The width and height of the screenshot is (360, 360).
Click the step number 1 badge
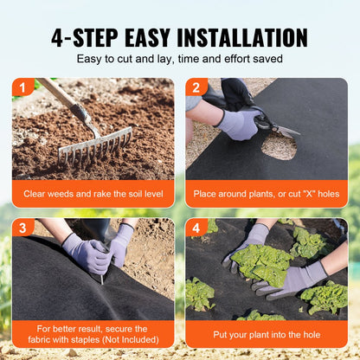[x=21, y=87]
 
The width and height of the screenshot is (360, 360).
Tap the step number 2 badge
[x=195, y=87]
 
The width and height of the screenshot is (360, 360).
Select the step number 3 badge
[x=21, y=227]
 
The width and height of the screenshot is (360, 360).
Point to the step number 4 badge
[x=195, y=227]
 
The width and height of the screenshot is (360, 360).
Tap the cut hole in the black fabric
[x=279, y=145]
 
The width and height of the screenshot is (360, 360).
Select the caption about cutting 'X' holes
[x=267, y=194]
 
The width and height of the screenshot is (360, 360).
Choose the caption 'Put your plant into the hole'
[x=267, y=333]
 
